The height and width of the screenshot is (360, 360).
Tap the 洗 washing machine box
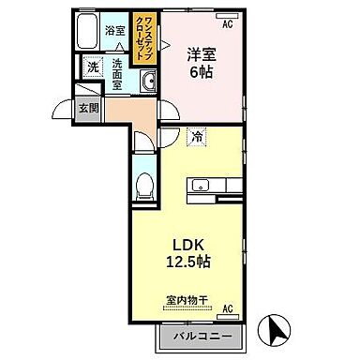[92, 67]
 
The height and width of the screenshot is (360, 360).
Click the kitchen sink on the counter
[201, 185]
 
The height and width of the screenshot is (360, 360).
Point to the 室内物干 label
[187, 301]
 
